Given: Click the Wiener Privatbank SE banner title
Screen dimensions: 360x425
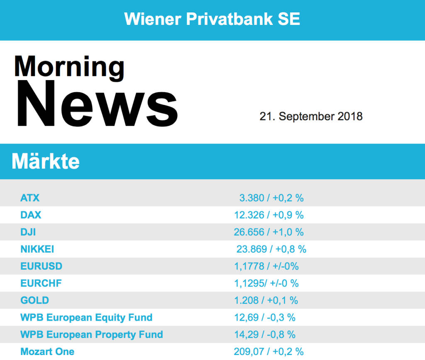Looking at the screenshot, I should pos(212,19).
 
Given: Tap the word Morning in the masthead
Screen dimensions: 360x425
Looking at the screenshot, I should pos(69,66).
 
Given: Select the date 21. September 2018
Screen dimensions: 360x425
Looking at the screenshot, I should pos(311,116).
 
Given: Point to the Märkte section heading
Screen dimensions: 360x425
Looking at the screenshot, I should pos(46,161).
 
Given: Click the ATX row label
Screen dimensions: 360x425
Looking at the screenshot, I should pos(30,198).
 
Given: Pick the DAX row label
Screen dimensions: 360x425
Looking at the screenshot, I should pos(31,215).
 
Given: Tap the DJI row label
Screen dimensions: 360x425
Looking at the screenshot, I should pos(28,232).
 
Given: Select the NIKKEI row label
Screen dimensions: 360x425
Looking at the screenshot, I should pos(37,249).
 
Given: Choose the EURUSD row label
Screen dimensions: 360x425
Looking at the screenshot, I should pos(41,266).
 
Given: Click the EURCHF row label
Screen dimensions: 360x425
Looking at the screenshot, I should pos(41,283).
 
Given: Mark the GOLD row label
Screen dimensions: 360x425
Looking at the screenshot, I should pos(34,300).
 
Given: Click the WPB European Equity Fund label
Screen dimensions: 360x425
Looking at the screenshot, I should pos(86,318).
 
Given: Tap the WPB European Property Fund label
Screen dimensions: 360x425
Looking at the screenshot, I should pos(92,335).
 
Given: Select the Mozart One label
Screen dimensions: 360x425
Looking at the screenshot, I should pos(47,352).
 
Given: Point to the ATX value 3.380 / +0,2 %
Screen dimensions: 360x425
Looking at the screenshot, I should pos(271,198).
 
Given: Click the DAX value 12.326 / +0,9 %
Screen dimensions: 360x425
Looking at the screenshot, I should pos(269,215).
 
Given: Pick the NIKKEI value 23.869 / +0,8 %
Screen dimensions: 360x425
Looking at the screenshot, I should pos(271,249).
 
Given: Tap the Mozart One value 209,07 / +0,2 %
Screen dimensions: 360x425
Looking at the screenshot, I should pos(269,352).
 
